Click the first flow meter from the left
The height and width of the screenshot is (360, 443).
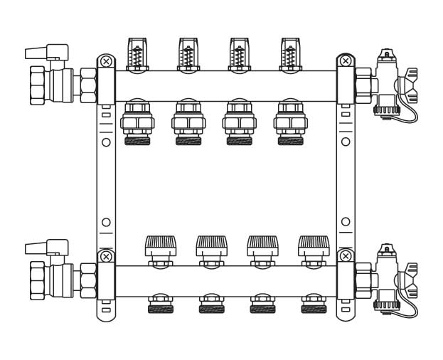[x=137, y=54]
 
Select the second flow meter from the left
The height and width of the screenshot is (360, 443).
[x=188, y=54]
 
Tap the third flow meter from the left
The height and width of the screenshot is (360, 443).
[x=240, y=54]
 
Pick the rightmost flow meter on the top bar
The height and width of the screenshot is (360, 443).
[x=290, y=54]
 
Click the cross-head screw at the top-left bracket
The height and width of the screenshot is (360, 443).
[x=106, y=62]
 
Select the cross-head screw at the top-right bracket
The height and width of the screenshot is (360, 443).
[x=346, y=62]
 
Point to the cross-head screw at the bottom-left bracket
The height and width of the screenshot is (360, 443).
[x=106, y=256]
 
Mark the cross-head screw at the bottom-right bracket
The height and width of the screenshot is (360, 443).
[x=346, y=256]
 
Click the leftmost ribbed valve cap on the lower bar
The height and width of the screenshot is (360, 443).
[x=161, y=246]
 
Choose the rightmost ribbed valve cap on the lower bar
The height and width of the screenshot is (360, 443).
[x=314, y=246]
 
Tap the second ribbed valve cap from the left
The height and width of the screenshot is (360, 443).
[x=212, y=246]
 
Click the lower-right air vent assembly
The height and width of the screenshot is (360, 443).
[x=388, y=280]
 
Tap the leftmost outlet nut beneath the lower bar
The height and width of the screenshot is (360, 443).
[x=161, y=305]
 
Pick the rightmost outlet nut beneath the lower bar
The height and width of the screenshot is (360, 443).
[x=314, y=305]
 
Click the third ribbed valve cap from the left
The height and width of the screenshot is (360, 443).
[x=263, y=246]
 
